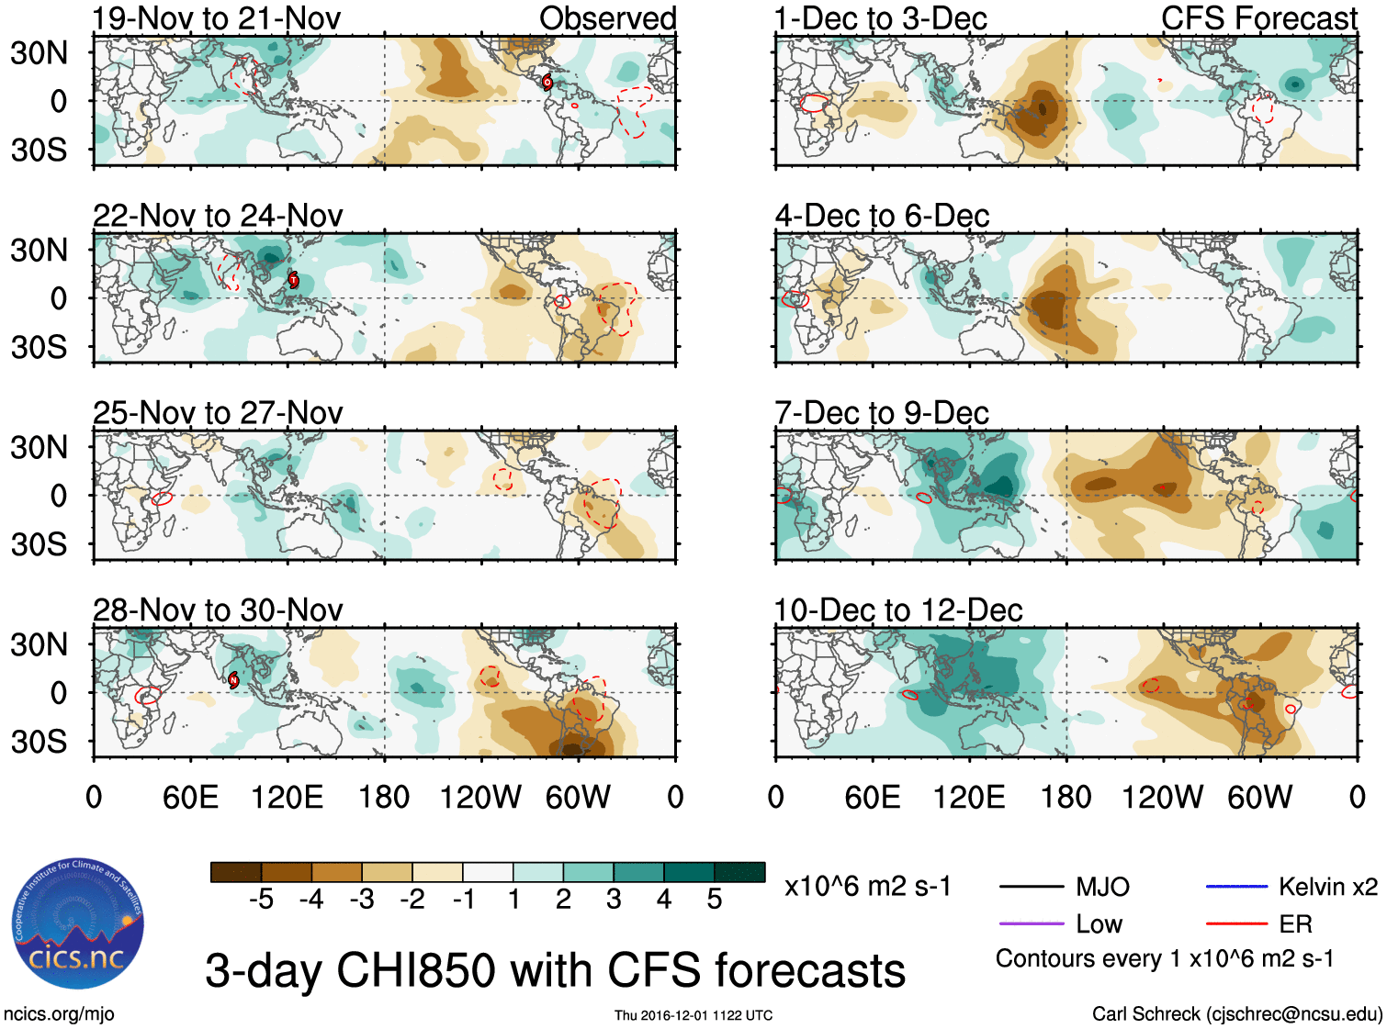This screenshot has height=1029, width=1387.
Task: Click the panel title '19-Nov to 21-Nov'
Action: click(x=217, y=18)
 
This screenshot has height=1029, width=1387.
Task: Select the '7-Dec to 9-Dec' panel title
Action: click(x=882, y=413)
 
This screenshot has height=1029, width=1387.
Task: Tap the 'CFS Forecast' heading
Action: click(x=1258, y=18)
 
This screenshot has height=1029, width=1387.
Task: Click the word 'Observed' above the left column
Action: click(x=607, y=18)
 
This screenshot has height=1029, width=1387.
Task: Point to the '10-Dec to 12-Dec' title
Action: click(x=898, y=610)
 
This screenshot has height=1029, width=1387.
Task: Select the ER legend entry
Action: click(x=1295, y=923)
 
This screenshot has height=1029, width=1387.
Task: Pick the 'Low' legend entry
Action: click(x=1099, y=923)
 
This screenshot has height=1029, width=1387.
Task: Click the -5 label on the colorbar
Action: click(x=261, y=900)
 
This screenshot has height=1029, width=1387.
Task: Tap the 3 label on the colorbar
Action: click(x=614, y=900)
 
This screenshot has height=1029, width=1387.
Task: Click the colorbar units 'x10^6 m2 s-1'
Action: click(x=867, y=887)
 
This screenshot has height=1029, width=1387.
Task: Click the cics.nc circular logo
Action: click(x=78, y=924)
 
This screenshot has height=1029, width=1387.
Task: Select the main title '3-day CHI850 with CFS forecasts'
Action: click(x=555, y=970)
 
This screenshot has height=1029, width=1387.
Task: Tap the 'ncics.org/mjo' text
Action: click(x=59, y=1013)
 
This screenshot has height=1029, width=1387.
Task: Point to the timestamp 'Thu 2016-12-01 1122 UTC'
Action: click(x=693, y=1015)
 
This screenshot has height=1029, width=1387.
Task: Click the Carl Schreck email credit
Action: click(x=1236, y=1013)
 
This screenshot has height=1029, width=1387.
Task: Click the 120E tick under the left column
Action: click(x=288, y=797)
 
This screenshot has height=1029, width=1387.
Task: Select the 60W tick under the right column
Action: click(x=1259, y=797)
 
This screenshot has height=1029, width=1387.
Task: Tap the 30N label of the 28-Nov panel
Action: click(x=39, y=644)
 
